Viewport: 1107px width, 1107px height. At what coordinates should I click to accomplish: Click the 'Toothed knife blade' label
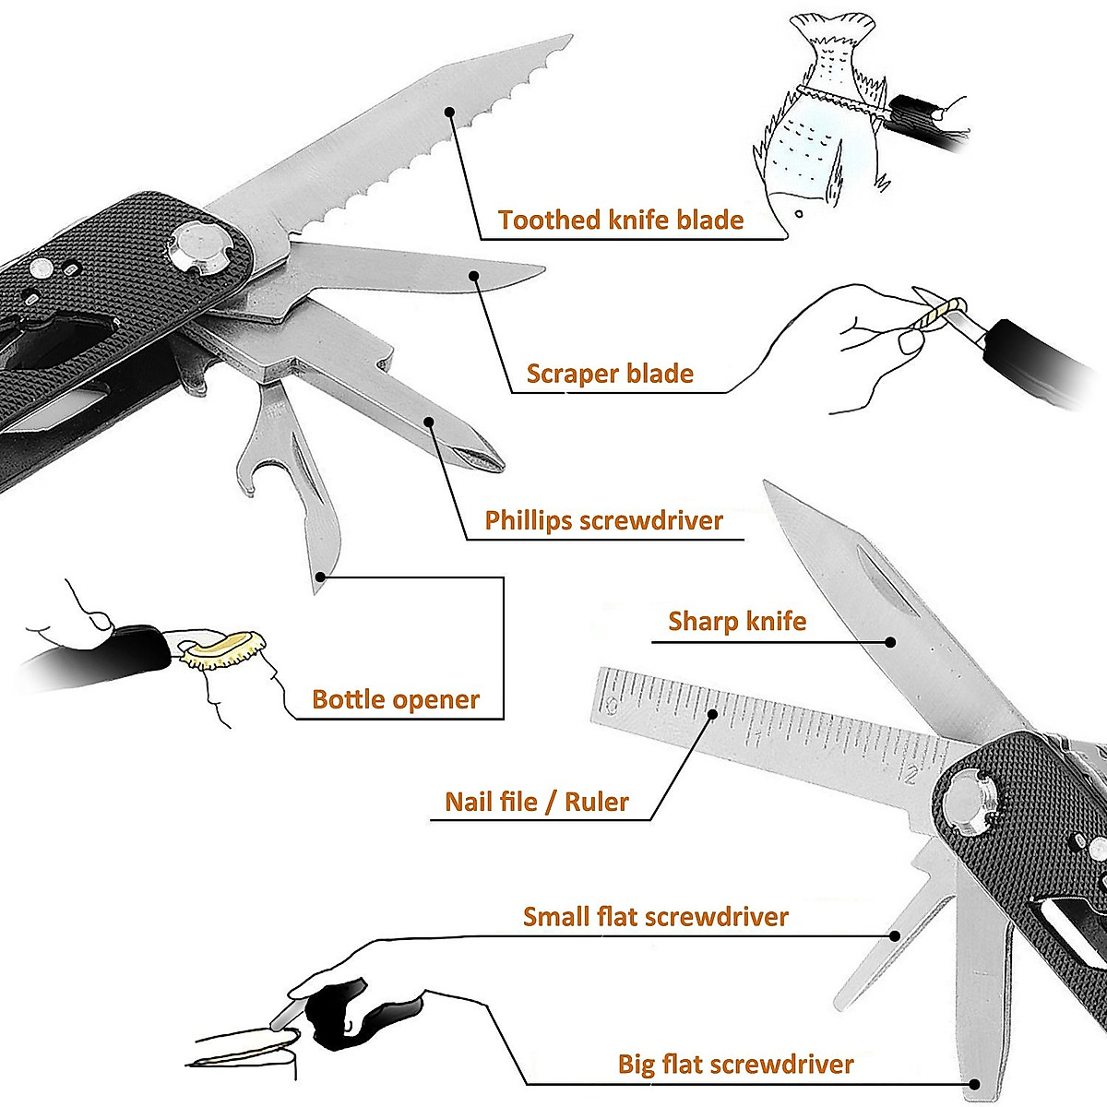620,220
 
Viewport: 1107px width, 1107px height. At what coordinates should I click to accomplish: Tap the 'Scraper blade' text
609,374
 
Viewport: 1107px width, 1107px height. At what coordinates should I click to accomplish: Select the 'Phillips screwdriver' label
603,520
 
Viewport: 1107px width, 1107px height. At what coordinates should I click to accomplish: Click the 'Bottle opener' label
395,699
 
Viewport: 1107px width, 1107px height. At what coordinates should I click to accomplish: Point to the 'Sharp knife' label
736,621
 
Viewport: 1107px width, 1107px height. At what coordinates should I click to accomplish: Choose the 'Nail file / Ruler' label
536,802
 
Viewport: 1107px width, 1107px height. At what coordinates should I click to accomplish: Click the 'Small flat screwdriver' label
655,917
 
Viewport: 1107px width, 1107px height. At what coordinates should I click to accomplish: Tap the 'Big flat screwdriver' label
735,1065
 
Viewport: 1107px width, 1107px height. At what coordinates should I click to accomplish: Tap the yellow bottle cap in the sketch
223,646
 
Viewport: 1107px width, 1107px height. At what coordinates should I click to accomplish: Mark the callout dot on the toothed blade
449,112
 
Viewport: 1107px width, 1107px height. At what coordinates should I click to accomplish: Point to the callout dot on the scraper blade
474,274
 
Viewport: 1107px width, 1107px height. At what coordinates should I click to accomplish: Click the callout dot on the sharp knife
891,641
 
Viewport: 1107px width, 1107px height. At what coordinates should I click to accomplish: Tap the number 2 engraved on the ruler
911,774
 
